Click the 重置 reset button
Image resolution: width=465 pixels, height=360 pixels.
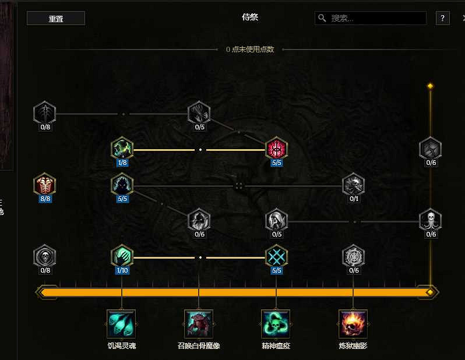tap(56, 18)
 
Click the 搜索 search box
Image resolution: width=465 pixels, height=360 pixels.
tap(371, 18)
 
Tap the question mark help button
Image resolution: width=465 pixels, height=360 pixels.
tap(443, 18)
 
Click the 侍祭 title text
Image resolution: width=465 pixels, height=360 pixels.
tap(250, 17)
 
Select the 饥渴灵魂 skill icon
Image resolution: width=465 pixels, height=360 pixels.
tap(121, 323)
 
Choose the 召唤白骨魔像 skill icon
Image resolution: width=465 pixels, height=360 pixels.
tap(199, 323)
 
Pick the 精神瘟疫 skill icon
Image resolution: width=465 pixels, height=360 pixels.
tap(276, 323)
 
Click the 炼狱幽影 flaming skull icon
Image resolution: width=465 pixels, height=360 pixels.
tap(353, 323)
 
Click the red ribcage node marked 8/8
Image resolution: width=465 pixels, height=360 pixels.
tap(45, 185)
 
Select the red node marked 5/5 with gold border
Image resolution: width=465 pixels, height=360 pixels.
tap(276, 149)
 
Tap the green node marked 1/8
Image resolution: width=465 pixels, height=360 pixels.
tap(122, 149)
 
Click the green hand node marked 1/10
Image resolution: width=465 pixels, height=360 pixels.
tap(122, 256)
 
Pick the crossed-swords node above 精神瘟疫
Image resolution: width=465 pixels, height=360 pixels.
tap(276, 256)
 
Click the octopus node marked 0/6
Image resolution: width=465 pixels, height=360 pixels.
tap(431, 221)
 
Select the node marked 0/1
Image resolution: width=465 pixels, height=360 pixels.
tap(353, 185)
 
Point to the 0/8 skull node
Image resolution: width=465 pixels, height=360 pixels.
tap(45, 256)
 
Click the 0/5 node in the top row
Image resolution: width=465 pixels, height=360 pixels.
tap(199, 113)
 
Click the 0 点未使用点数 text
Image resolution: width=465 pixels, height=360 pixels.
tap(250, 50)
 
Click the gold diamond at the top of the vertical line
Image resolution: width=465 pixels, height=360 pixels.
tap(430, 86)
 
